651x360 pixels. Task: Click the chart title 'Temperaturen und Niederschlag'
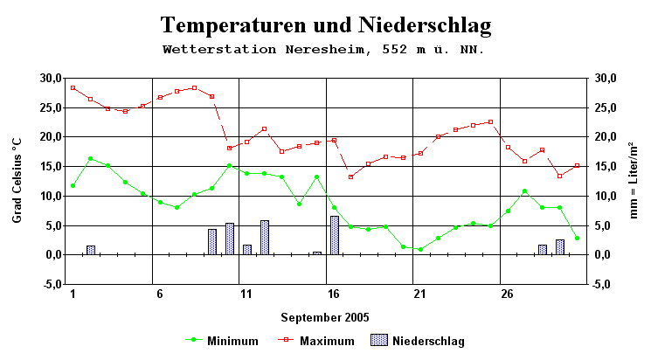point(325,24)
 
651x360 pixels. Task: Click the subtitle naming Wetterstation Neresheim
point(323,50)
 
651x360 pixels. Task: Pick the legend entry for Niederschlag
point(418,341)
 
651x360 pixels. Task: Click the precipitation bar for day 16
point(334,235)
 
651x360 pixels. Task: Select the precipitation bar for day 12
point(265,238)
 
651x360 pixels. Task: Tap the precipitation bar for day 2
point(91,250)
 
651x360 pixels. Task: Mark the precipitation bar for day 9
point(212,241)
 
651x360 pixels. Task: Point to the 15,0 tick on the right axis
point(605,167)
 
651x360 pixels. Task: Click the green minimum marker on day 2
point(91,158)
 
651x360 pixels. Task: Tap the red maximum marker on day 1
point(73,87)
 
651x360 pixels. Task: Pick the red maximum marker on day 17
point(351,177)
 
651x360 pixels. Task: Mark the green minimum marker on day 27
point(524,190)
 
